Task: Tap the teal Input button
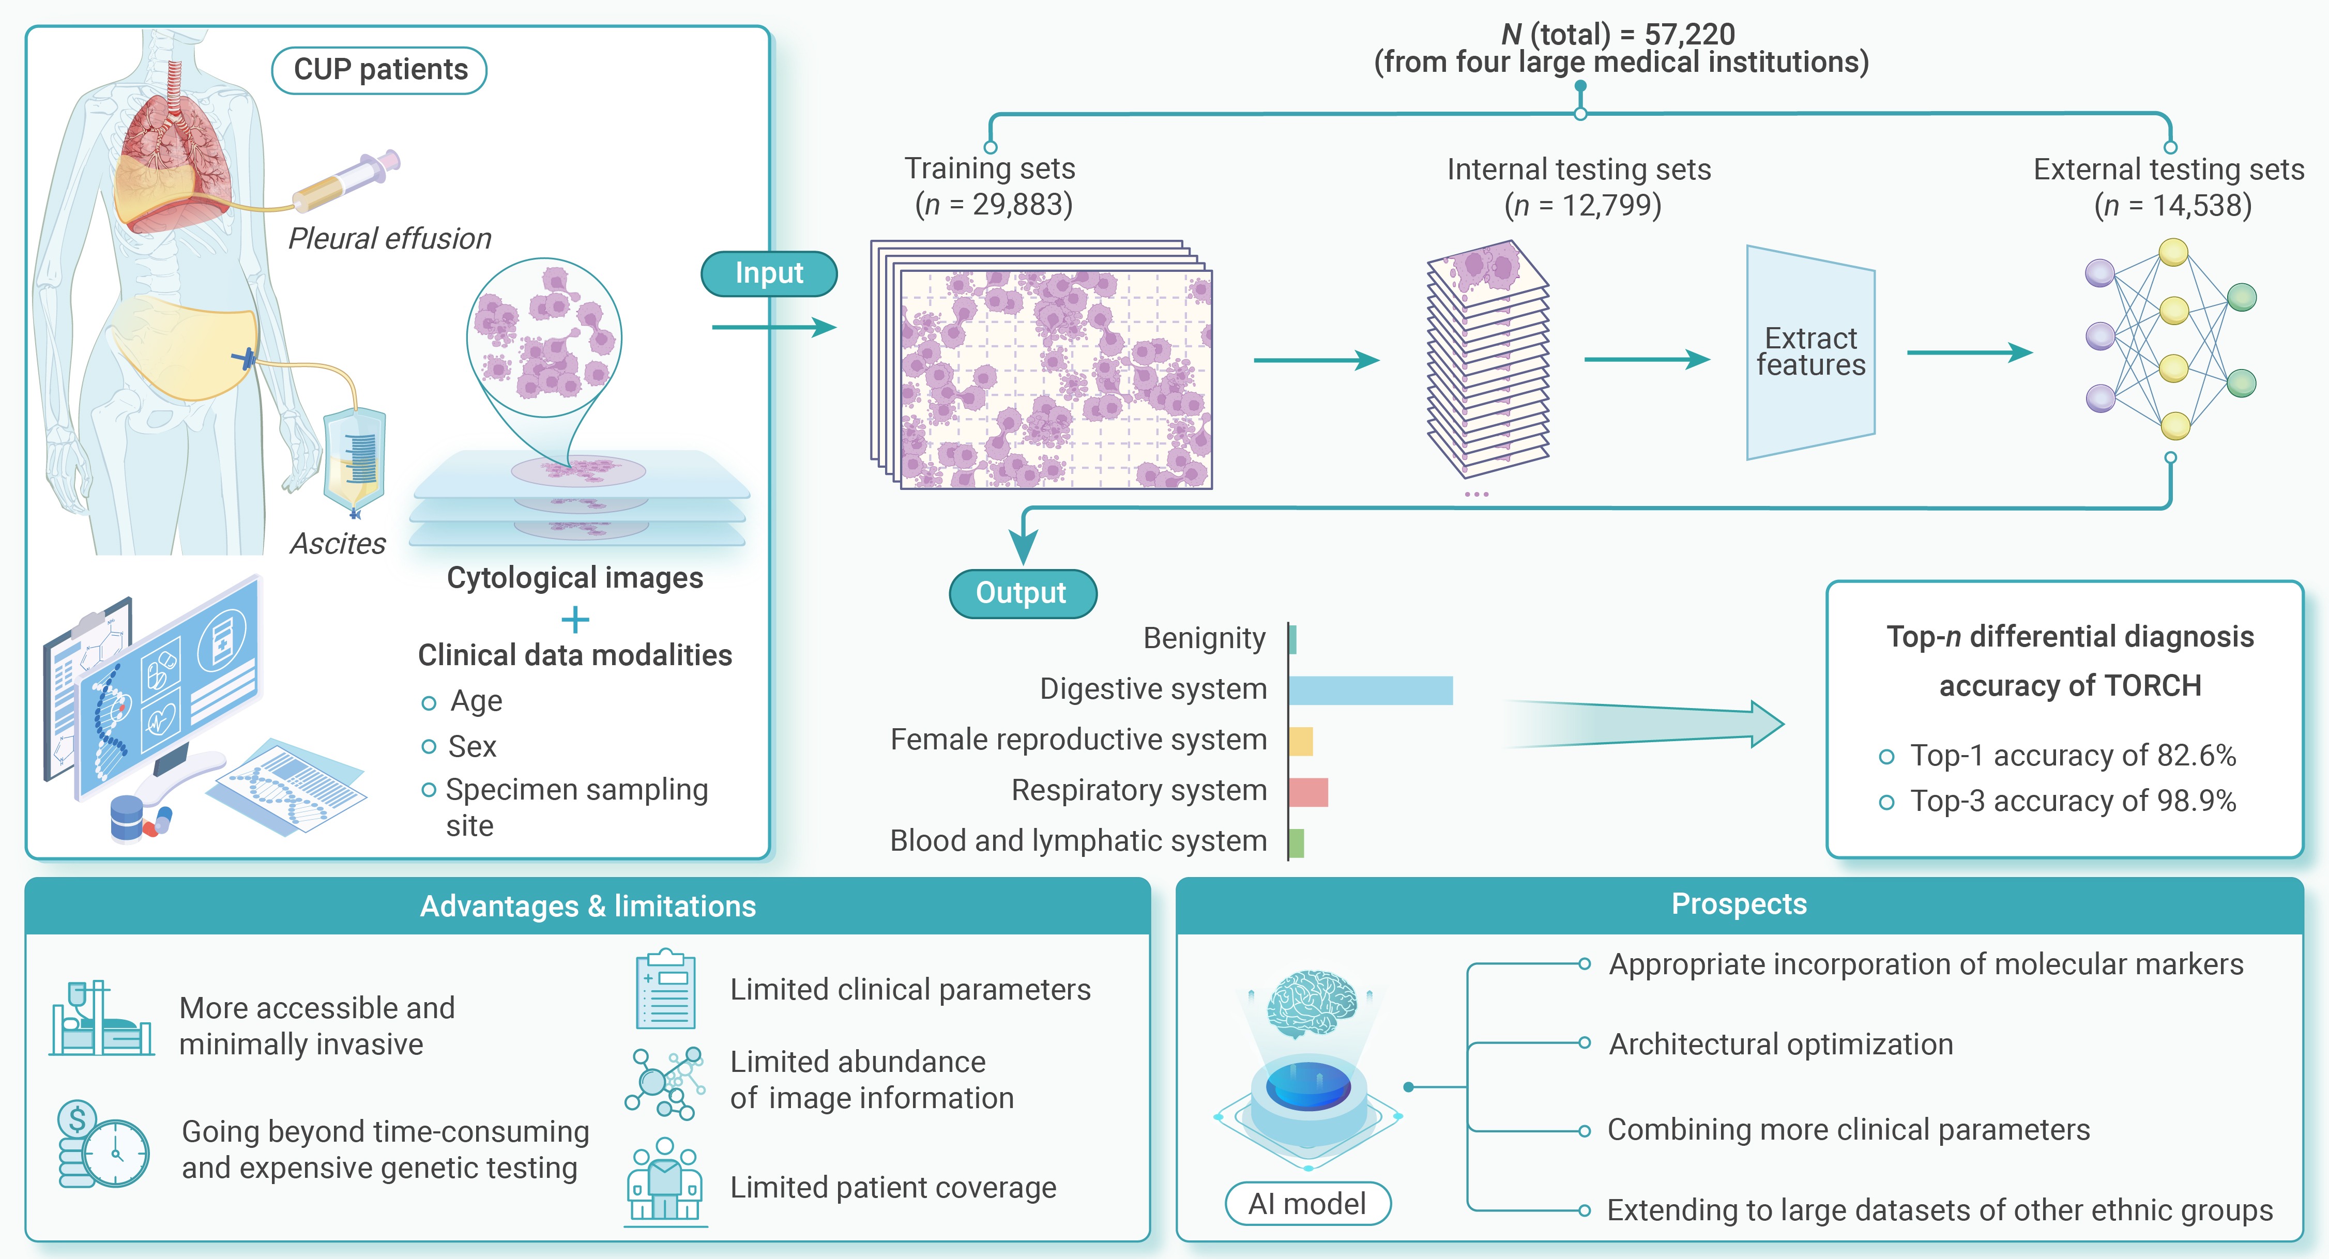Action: pos(769,273)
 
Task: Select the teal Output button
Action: pos(1022,593)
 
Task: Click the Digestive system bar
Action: pos(1369,689)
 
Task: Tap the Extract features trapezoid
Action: pos(1810,352)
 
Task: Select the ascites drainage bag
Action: pos(355,461)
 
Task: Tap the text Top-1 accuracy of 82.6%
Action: pos(2072,755)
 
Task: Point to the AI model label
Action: pos(1307,1204)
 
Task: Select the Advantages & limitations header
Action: pos(588,905)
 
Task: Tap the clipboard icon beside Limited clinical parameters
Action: pos(665,990)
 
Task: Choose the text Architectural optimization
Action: pos(1780,1044)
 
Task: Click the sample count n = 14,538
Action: pos(2172,205)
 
